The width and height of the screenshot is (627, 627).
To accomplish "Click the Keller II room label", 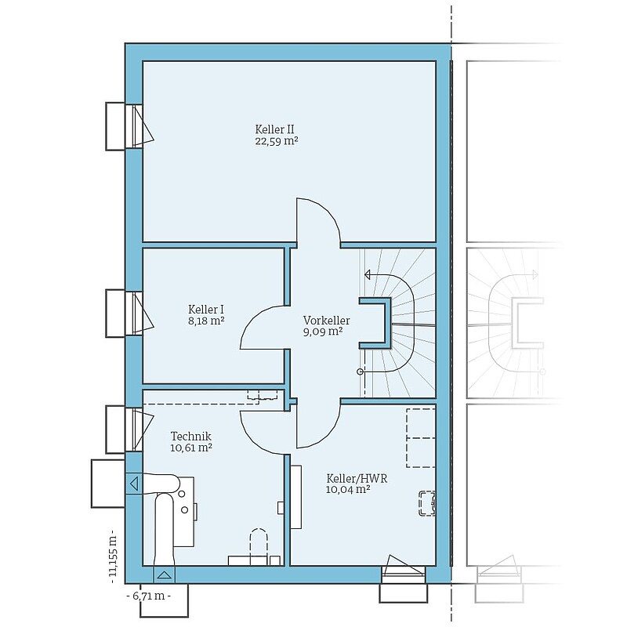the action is [275, 129].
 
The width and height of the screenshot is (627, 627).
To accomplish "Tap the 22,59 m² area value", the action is [277, 141].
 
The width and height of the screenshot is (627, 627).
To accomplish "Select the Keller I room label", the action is [206, 309].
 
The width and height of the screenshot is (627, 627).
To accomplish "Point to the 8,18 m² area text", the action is [206, 321].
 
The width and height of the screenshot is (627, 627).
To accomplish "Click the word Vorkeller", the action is [326, 321].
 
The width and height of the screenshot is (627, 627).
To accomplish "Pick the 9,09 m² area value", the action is [323, 332].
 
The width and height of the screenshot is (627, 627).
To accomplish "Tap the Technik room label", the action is [191, 436].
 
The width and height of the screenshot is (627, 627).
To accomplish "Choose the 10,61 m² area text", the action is [191, 448].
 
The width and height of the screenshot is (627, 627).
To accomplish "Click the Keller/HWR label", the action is [357, 478].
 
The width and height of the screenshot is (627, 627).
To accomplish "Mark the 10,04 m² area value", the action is [347, 490].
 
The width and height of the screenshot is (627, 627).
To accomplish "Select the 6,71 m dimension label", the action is [149, 596].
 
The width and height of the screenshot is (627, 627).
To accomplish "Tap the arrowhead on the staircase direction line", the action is [368, 275].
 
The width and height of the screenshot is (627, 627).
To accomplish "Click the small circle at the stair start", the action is [360, 371].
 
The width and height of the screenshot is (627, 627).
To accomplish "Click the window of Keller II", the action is [134, 126].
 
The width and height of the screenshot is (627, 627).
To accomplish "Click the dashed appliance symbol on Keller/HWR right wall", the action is [427, 503].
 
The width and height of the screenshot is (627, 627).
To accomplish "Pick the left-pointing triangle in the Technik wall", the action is [134, 484].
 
